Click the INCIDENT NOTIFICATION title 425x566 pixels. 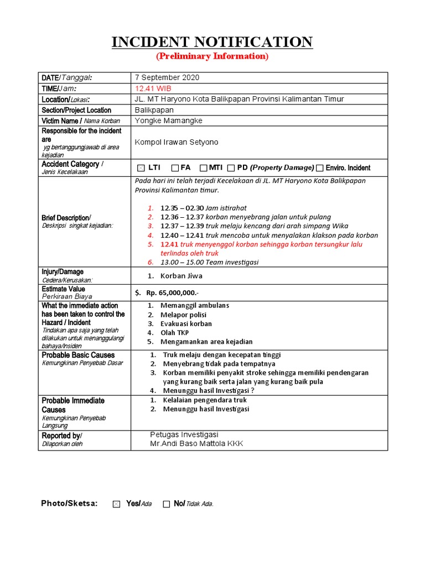point(212,42)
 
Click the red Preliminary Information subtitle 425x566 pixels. point(212,56)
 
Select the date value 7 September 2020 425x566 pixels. point(167,78)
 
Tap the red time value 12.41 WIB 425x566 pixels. point(153,88)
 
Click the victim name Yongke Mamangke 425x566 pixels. point(169,120)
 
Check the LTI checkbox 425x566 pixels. point(141,168)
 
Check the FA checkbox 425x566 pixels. point(175,168)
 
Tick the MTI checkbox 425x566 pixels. point(203,168)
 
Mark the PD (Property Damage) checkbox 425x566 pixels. point(231,168)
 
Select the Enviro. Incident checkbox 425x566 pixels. point(320,168)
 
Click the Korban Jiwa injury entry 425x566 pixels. point(181,275)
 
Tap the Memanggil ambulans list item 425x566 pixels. point(194,306)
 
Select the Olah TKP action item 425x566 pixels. point(174,333)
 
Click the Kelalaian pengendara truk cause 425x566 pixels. point(205,400)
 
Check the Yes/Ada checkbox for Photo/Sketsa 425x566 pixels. point(116,504)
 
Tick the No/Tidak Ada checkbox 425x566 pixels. point(166,504)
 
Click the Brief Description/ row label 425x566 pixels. point(66,218)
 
